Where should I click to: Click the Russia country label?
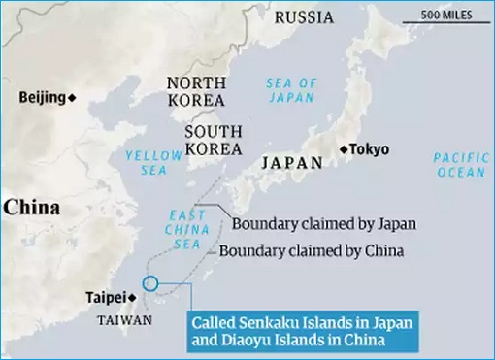coord(304,17)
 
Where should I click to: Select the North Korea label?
coord(197,92)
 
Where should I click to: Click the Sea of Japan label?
coord(292,90)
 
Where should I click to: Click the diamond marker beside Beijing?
coord(72,97)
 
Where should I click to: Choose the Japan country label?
coord(291,163)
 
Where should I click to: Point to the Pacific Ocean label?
coord(459,164)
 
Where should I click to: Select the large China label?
coord(31,207)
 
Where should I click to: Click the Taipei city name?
coord(103,297)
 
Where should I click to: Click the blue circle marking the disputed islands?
coord(149,283)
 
